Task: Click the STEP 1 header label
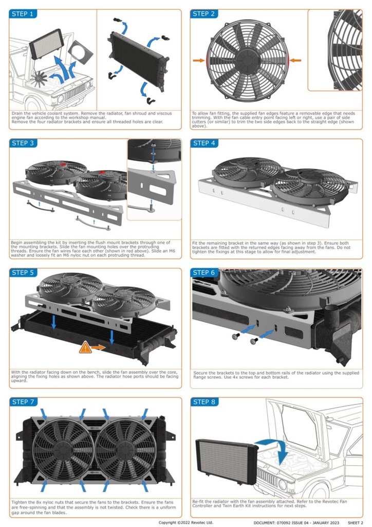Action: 23,14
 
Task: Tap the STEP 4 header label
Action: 204,143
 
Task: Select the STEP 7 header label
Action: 23,401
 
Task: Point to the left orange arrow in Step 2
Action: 198,60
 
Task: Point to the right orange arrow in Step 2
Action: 295,60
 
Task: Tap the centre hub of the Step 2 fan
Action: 246,60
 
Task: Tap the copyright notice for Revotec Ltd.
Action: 185,522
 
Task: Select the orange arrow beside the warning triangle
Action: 99,348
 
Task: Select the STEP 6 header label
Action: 204,272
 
